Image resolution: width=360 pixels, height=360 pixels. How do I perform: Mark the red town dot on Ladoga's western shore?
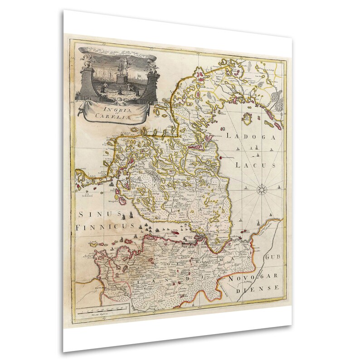point(221,157)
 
